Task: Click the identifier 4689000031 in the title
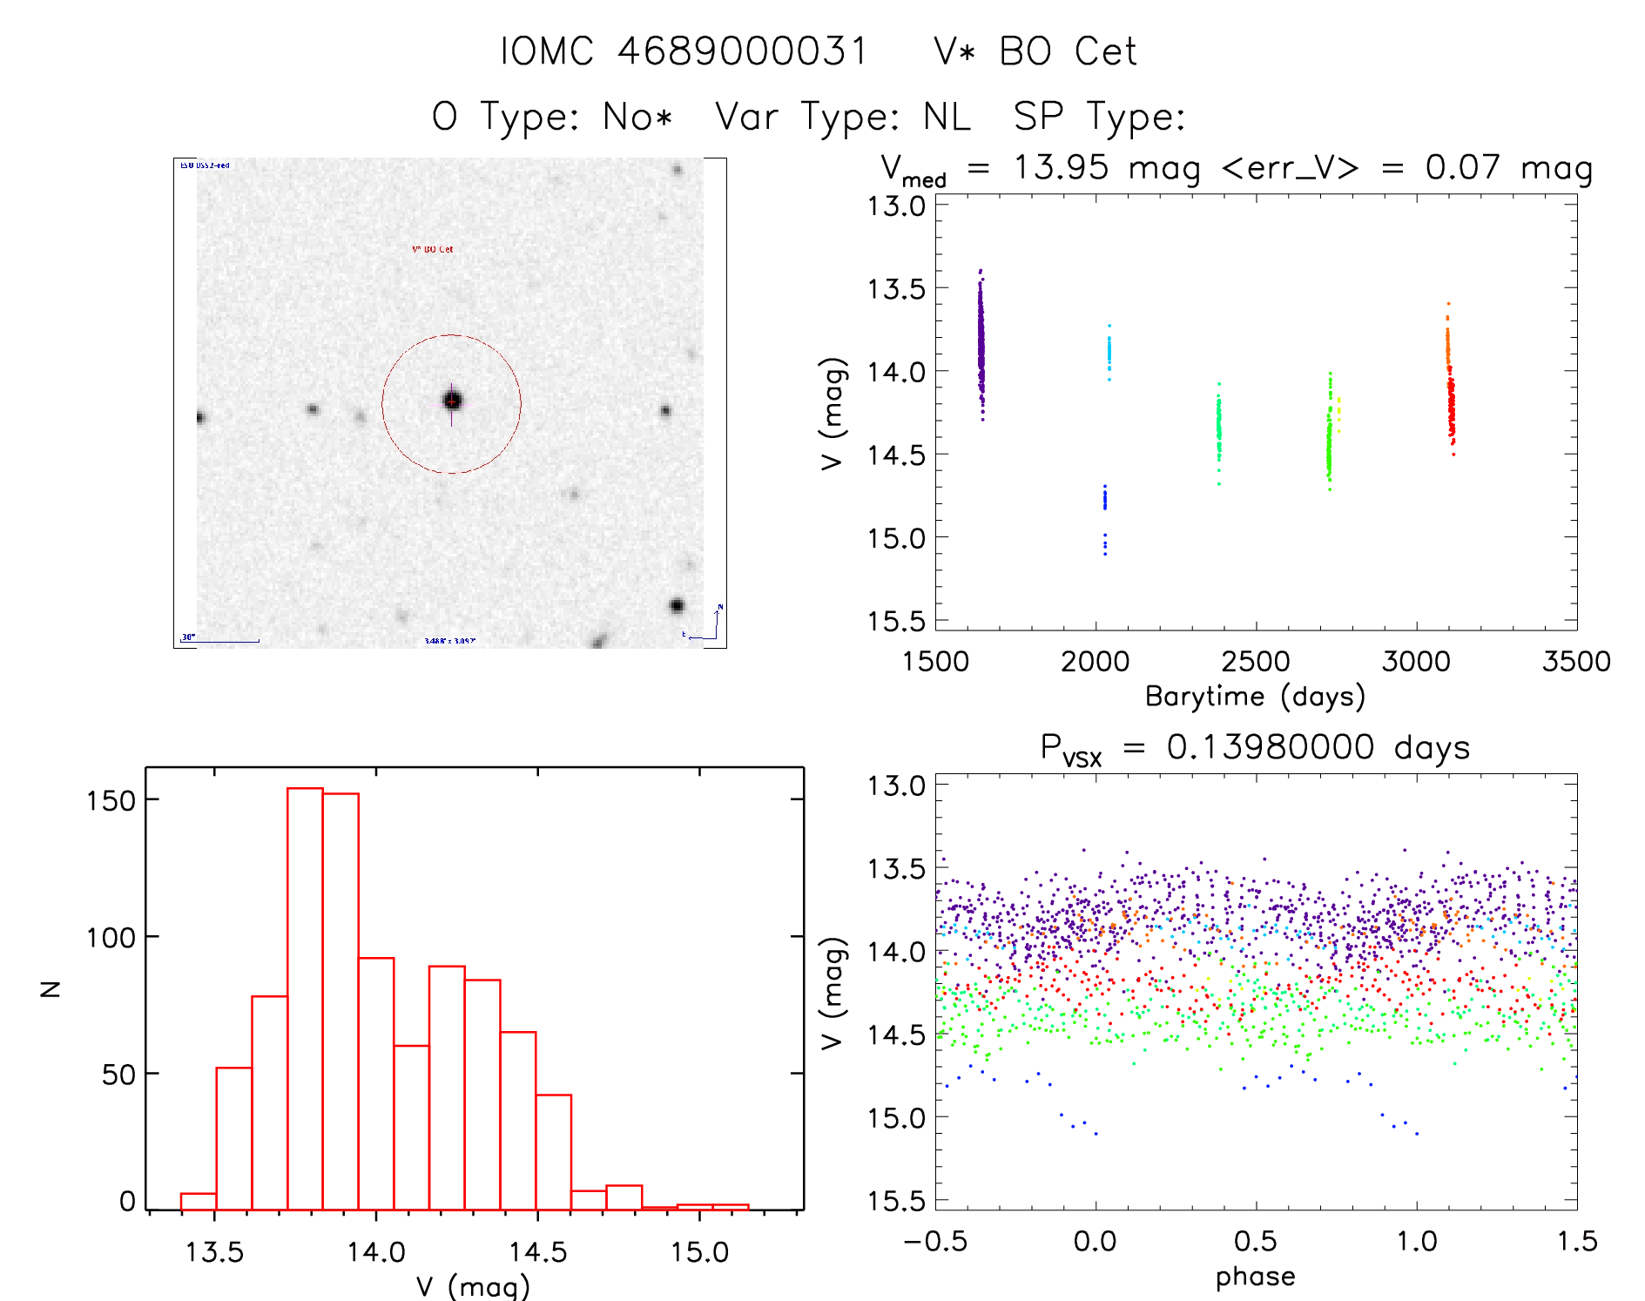[742, 51]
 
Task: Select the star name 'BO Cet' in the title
[1068, 51]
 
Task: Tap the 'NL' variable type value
[947, 117]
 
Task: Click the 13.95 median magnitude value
[1061, 167]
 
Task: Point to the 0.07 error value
[1462, 167]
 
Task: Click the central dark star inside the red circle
[452, 401]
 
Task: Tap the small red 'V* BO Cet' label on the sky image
[433, 249]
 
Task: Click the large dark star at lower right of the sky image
[677, 605]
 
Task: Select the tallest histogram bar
[305, 998]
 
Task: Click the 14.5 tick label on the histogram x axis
[537, 1252]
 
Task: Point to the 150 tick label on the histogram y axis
[111, 800]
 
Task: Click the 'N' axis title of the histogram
[51, 988]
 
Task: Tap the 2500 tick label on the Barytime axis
[1256, 662]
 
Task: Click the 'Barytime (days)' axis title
[1255, 697]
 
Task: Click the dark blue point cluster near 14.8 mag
[1105, 499]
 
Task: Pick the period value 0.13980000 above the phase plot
[1270, 747]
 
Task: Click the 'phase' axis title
[1255, 1277]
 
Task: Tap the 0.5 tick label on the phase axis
[1255, 1241]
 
